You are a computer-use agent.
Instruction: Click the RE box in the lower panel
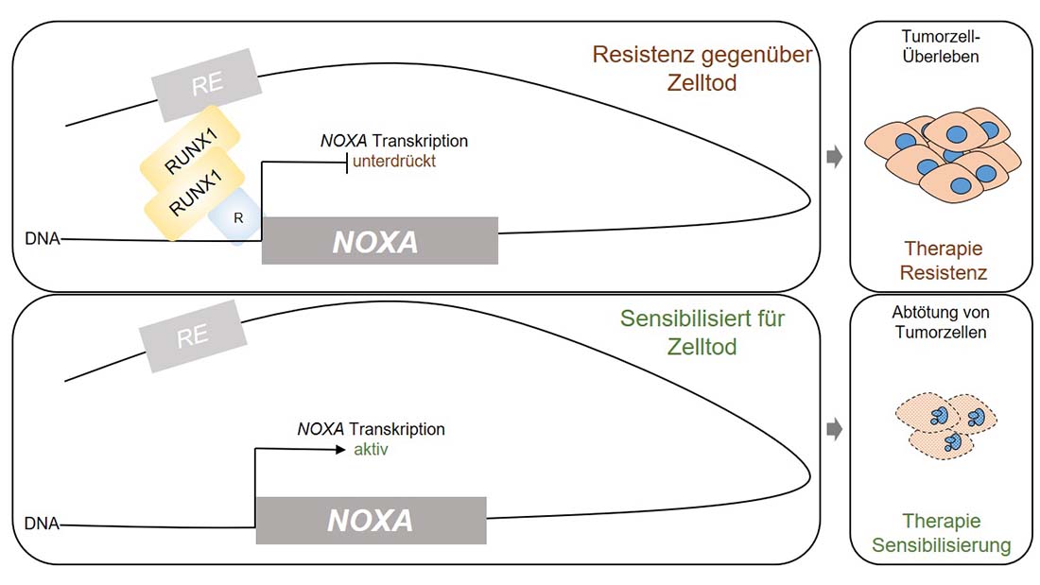[x=192, y=336]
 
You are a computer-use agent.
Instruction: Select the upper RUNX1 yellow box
[x=195, y=146]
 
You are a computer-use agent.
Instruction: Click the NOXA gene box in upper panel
[x=379, y=241]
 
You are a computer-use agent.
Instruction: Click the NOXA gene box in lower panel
[x=371, y=521]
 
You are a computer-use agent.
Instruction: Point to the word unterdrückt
[x=394, y=162]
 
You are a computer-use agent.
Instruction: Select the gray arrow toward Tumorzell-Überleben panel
[x=834, y=157]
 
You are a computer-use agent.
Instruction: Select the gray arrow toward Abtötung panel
[x=834, y=430]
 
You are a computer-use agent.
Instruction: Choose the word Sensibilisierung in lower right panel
[x=941, y=546]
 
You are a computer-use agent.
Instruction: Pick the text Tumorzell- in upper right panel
[x=941, y=36]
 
